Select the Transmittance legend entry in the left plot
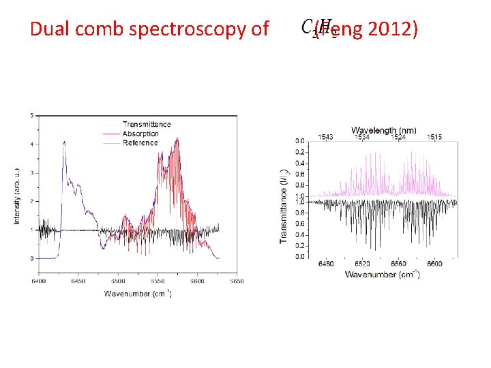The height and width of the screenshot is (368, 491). pyautogui.click(x=146, y=124)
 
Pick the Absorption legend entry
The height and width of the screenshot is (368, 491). pyautogui.click(x=140, y=134)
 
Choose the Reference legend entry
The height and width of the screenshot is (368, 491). pyautogui.click(x=140, y=142)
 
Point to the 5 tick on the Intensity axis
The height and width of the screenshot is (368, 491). pyautogui.click(x=31, y=116)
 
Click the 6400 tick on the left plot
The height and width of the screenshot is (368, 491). pyautogui.click(x=38, y=280)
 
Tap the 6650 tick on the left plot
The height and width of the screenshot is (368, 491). pyautogui.click(x=237, y=280)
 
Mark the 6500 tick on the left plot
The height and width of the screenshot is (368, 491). pyautogui.click(x=118, y=280)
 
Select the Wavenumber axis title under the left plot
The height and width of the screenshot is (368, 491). pyautogui.click(x=138, y=294)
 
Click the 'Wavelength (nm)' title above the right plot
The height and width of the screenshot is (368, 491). pyautogui.click(x=384, y=129)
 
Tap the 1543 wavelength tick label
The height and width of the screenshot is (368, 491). pyautogui.click(x=325, y=138)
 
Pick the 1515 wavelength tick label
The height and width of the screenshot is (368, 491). pyautogui.click(x=434, y=138)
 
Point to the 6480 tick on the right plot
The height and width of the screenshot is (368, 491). pyautogui.click(x=325, y=264)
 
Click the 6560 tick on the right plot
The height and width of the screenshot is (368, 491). pyautogui.click(x=398, y=264)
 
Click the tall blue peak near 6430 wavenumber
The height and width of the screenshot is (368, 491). pyautogui.click(x=65, y=142)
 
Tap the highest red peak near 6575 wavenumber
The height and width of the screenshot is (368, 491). pyautogui.click(x=178, y=139)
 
